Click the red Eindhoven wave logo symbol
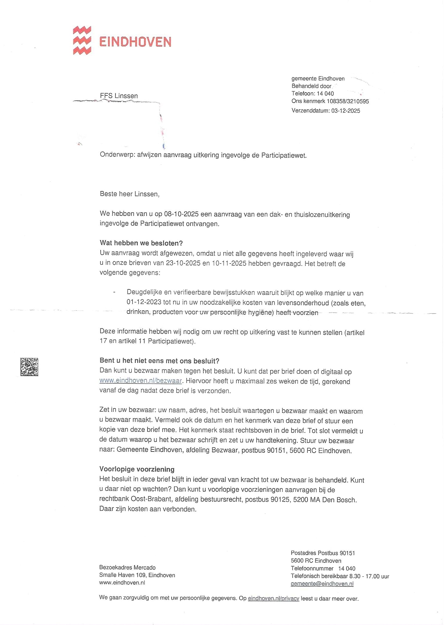pos(82,40)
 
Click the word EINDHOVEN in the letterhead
pos(135,42)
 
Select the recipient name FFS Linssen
pos(119,96)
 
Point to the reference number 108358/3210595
pos(348,101)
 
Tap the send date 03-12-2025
pos(346,111)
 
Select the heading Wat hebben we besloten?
pos(141,243)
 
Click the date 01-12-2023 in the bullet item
pos(144,303)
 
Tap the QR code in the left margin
pos(29,367)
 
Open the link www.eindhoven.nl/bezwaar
pos(141,381)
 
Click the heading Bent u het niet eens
pos(159,361)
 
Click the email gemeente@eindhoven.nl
pos(322,584)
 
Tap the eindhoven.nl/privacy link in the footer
pos(273,599)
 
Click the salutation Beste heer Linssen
pos(129,194)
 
